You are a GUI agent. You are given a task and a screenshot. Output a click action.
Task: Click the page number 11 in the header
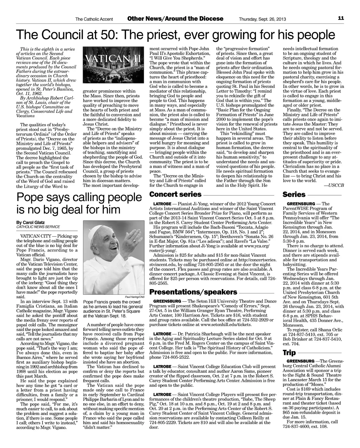341,18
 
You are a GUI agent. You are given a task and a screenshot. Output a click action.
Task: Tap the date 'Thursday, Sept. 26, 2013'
262,19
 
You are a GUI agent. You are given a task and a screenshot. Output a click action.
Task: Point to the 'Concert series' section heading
175,194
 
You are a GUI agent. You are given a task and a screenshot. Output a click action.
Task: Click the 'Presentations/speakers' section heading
193,292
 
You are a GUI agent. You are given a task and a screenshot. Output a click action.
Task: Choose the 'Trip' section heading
289,353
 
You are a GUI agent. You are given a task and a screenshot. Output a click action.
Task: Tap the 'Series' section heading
294,194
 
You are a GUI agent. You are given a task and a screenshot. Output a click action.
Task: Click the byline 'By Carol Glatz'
31,222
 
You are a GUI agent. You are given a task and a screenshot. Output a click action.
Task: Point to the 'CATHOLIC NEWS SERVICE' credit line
38,227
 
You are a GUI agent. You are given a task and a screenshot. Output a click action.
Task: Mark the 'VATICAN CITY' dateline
36,235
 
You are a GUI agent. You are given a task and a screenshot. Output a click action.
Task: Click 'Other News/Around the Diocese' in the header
175,19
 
